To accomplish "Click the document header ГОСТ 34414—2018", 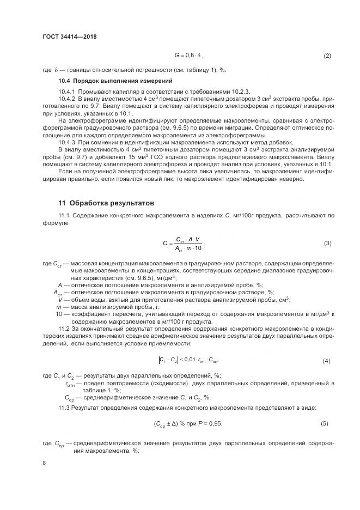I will [65, 37].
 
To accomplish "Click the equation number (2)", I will [327, 56].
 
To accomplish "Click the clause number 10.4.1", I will [66, 90].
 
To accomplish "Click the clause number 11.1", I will [64, 216].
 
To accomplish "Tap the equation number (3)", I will [327, 243].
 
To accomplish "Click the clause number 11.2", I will [64, 328].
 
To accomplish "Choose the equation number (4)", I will [327, 361].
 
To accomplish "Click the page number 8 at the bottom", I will [44, 463].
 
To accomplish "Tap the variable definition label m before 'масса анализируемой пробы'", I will [58, 307].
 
